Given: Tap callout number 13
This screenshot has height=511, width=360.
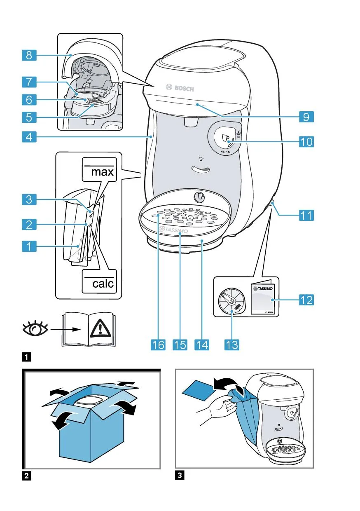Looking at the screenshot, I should click(x=232, y=344).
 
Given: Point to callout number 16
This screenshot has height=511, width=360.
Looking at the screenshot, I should click(x=158, y=344).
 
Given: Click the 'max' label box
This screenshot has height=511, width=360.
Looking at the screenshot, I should click(x=99, y=169).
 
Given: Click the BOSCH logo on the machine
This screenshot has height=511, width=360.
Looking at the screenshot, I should click(x=180, y=88).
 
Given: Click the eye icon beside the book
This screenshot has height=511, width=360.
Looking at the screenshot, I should click(x=35, y=329).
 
